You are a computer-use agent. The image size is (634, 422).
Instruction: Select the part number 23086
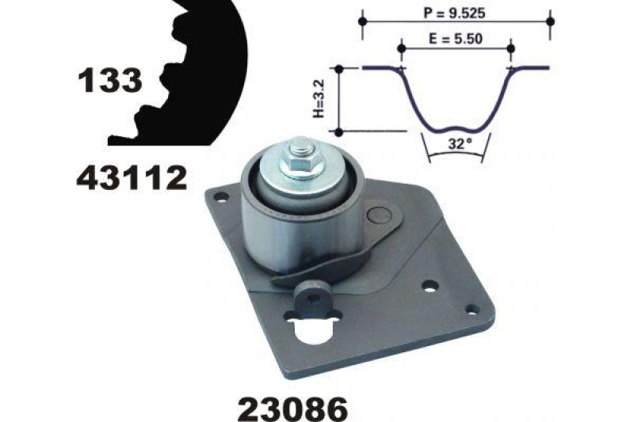[x=292, y=409]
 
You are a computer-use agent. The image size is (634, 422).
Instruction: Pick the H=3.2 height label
[x=319, y=101]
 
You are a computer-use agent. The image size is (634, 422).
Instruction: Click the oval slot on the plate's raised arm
[x=380, y=214]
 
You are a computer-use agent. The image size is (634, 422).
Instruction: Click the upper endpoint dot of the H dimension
[x=339, y=70]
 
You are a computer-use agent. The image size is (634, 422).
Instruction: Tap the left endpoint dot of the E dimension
[x=400, y=48]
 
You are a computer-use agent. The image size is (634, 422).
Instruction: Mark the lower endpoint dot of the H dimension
[x=339, y=131]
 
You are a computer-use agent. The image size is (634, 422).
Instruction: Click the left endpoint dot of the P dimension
[x=363, y=20]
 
